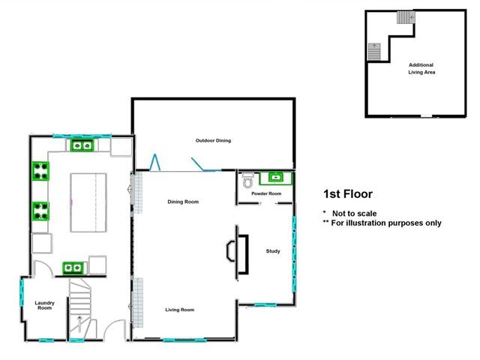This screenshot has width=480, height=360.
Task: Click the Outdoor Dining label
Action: click(213, 140)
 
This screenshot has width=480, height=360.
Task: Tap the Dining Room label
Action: click(181, 201)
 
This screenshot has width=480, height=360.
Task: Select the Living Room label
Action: click(180, 309)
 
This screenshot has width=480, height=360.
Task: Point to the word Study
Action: click(273, 251)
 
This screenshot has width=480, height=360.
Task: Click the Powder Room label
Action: click(266, 193)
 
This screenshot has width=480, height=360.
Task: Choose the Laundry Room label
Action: click(44, 305)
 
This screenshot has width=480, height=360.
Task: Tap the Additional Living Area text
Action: click(421, 68)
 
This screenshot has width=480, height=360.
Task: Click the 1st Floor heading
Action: click(347, 193)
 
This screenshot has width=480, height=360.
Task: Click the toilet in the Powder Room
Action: click(248, 181)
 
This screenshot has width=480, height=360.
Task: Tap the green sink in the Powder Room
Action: click(275, 178)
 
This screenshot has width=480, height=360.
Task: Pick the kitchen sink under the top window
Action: click(81, 145)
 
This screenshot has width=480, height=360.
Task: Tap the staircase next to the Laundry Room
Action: click(79, 300)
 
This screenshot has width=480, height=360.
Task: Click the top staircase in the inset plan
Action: click(405, 17)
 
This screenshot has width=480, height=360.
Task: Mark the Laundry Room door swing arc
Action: click(44, 268)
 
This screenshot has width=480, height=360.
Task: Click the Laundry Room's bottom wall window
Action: click(46, 340)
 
